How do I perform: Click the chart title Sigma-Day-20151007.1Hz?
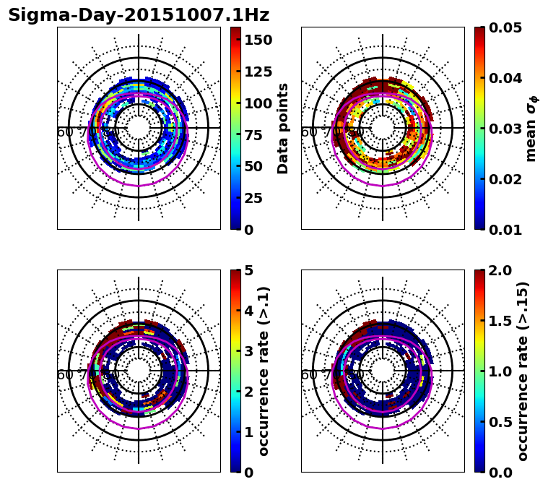coord(139,15)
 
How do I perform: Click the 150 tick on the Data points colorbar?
coord(257,40)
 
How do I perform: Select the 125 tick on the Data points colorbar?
coord(257,72)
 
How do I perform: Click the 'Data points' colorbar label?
coord(283,129)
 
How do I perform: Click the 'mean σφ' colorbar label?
coord(531,129)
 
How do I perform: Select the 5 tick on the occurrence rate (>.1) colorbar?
coord(248,270)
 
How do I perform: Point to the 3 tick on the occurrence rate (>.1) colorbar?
coord(248,351)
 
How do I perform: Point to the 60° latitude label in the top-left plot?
coord(65,132)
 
